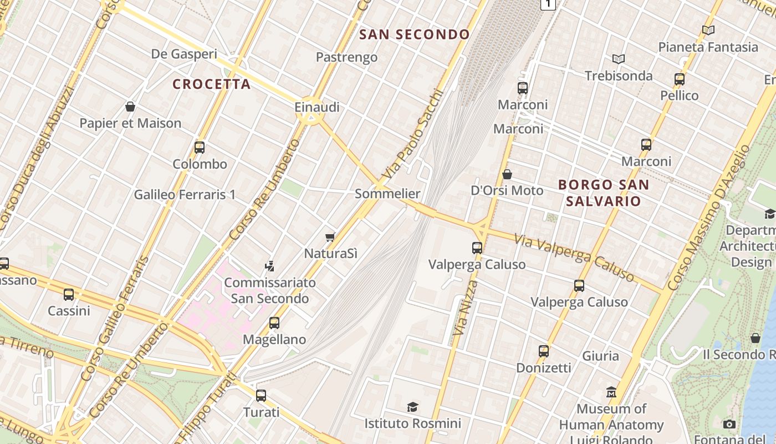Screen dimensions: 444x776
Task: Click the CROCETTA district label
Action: click(x=212, y=84)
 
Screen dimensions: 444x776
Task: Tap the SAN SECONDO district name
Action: click(x=415, y=34)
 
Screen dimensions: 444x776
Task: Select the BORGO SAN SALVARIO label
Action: click(x=603, y=193)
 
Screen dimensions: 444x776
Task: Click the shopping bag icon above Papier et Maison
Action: click(x=130, y=106)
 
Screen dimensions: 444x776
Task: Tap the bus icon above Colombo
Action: click(x=200, y=148)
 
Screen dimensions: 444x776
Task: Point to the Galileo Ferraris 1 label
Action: click(x=185, y=195)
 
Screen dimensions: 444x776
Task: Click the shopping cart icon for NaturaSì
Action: click(x=330, y=237)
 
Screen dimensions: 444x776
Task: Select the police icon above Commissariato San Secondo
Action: click(x=270, y=266)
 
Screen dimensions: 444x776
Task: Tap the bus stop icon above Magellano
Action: click(x=274, y=323)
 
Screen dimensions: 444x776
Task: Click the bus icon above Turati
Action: click(x=261, y=396)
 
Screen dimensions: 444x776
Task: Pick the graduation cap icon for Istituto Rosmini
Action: click(x=412, y=407)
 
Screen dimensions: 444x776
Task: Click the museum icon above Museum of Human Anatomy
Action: click(x=611, y=392)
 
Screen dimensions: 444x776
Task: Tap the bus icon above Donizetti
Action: click(x=544, y=351)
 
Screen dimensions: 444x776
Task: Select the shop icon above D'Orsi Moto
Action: click(x=507, y=174)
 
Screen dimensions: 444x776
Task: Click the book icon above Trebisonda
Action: click(x=619, y=59)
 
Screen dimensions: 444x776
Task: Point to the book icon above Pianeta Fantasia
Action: click(x=708, y=30)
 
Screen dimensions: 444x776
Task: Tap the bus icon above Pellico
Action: click(x=680, y=79)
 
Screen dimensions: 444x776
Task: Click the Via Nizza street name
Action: click(x=465, y=308)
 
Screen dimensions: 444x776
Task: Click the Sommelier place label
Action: click(x=387, y=194)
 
